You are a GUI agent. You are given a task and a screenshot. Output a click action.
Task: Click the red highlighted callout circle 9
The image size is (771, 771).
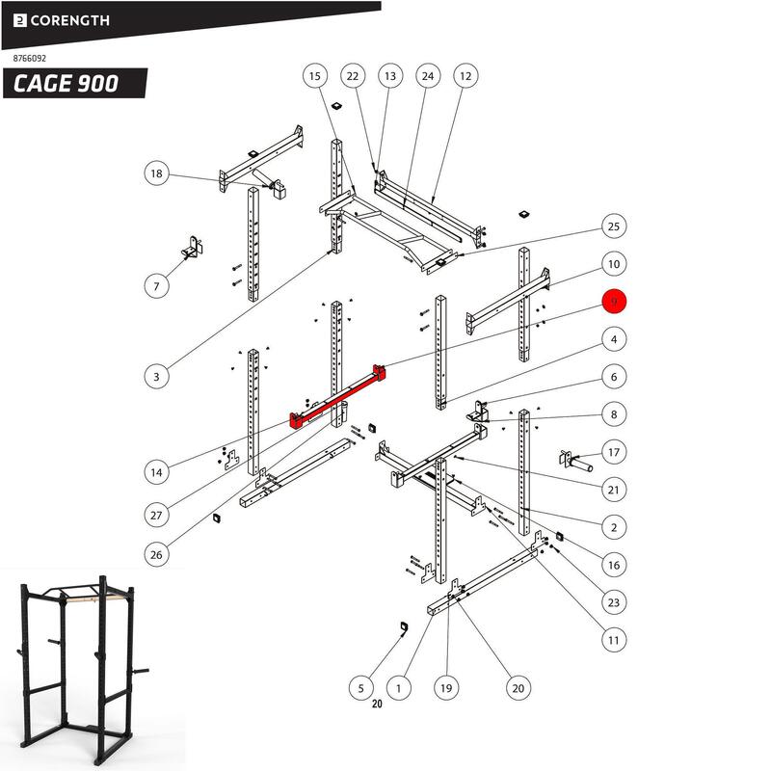(614, 302)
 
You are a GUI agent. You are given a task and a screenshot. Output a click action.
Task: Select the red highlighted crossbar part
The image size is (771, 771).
(339, 396)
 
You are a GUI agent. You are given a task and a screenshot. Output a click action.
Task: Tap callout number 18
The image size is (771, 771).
(157, 173)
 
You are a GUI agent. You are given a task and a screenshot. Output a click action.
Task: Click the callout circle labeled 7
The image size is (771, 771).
(157, 285)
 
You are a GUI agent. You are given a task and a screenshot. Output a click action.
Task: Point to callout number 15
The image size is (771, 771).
(314, 75)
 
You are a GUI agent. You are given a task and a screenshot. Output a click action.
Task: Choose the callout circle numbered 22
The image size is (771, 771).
(353, 75)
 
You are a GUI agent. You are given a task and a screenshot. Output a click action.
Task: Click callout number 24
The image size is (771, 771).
(428, 75)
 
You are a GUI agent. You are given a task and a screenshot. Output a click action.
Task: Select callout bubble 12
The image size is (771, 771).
(465, 75)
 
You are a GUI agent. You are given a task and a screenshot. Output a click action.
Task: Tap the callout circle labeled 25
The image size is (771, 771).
(613, 226)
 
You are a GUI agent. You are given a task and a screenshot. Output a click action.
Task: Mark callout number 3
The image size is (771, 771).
(157, 377)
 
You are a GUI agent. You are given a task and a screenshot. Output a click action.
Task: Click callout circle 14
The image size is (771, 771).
(157, 472)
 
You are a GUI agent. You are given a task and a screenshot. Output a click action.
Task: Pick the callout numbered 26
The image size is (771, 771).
(157, 554)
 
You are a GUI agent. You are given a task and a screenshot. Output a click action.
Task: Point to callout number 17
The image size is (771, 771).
(613, 451)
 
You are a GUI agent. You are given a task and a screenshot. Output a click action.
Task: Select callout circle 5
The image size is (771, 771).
(360, 687)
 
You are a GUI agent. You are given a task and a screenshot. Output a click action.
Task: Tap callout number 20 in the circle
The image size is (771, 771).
(518, 687)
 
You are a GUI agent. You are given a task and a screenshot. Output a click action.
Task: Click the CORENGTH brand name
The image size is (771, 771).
(67, 19)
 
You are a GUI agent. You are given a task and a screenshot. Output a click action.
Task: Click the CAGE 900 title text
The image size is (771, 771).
(66, 84)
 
